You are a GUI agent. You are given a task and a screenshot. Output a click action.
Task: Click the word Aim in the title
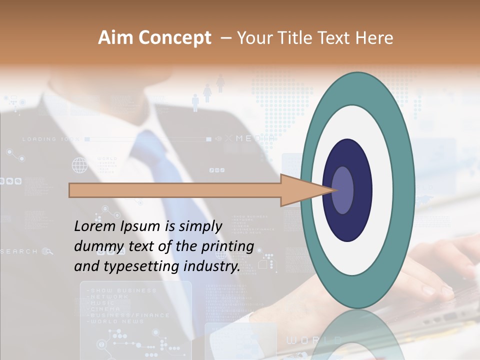coord(116,38)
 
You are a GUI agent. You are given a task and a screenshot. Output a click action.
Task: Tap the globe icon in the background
coord(79,164)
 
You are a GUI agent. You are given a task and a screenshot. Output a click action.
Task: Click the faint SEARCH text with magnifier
coord(25,251)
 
